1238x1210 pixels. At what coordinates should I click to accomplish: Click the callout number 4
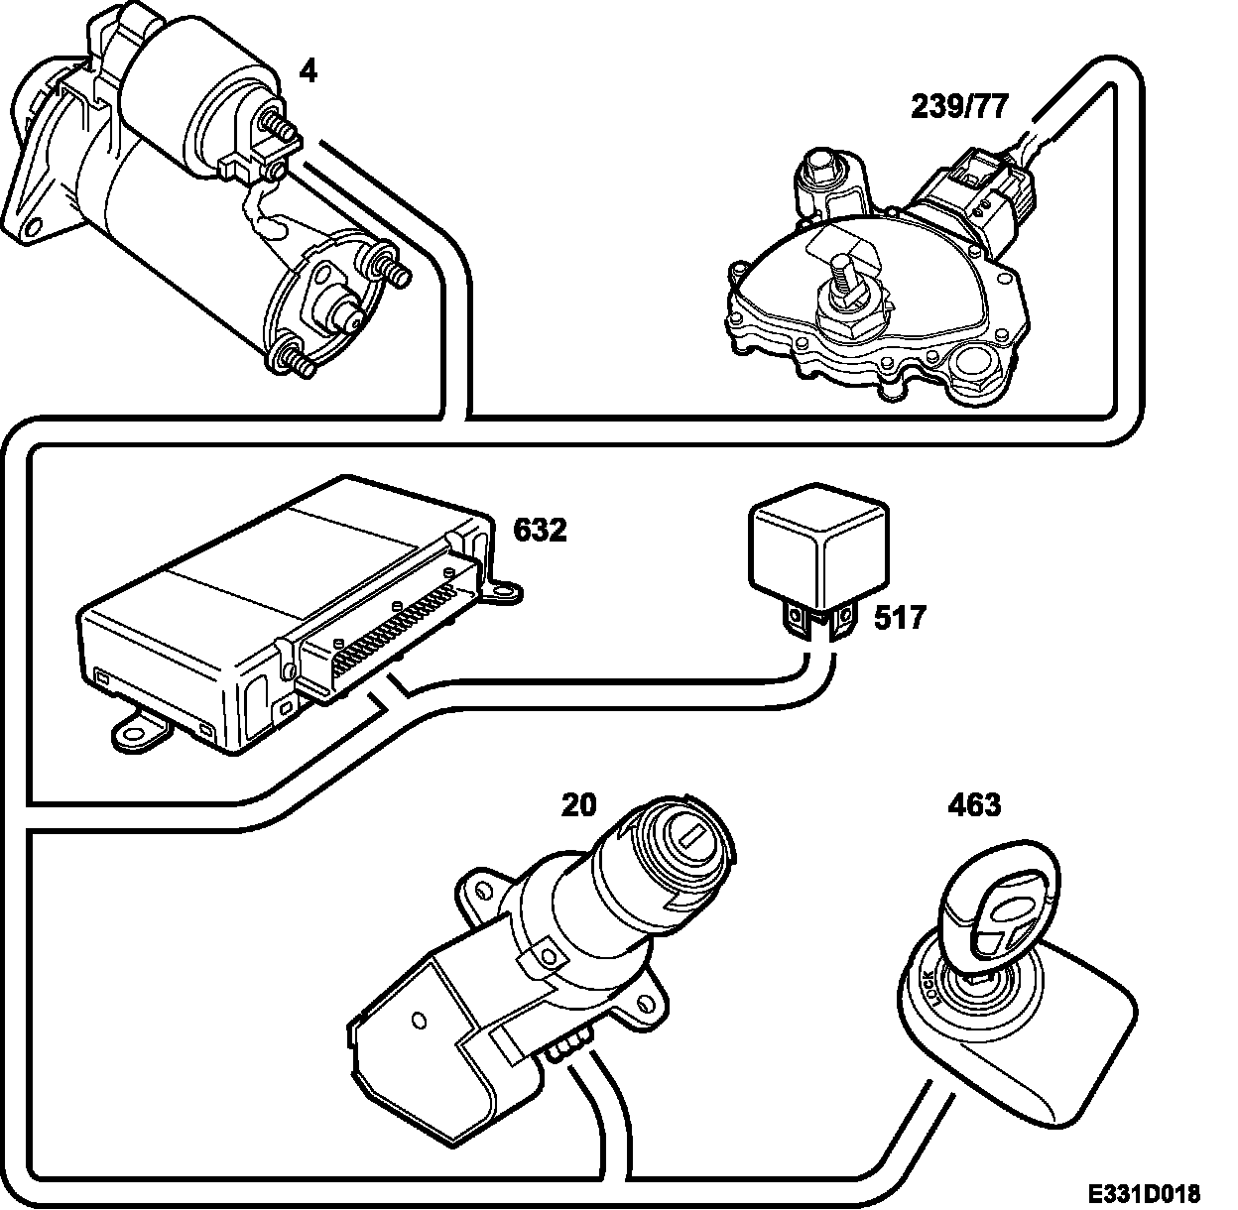(309, 72)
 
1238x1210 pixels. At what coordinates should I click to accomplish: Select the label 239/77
(958, 107)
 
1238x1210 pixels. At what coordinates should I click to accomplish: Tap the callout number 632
(540, 531)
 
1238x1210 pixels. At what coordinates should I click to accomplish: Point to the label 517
(899, 618)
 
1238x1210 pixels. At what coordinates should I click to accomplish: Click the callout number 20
(578, 804)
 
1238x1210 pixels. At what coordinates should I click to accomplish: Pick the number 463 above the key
(974, 804)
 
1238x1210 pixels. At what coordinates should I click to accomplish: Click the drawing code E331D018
(1141, 1191)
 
